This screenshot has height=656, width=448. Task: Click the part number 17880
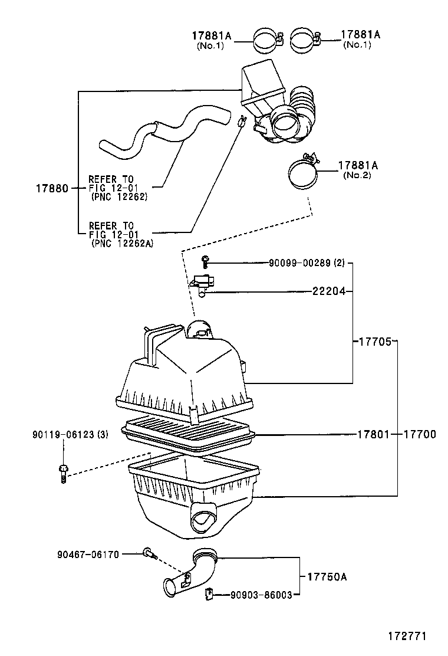[53, 188]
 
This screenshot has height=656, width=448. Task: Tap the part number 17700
[420, 435]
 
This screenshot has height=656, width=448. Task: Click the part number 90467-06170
[88, 554]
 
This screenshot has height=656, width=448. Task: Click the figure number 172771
[406, 637]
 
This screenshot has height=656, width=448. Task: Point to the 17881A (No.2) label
[358, 170]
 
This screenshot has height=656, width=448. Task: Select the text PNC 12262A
[122, 243]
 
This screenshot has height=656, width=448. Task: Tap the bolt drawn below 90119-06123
[63, 473]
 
